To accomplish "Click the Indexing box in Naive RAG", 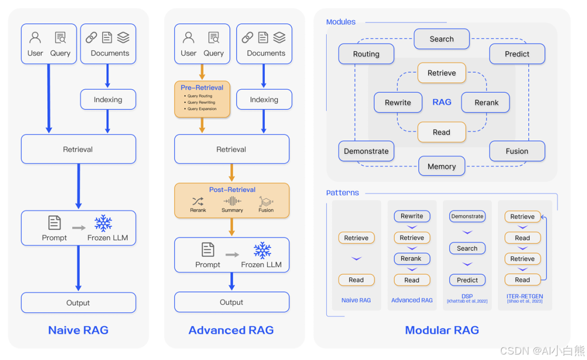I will click(x=108, y=100).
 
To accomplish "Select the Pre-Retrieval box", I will click(x=202, y=99).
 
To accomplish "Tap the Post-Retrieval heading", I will click(x=232, y=190).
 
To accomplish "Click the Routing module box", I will click(x=366, y=54).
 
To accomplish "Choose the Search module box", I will click(x=441, y=39).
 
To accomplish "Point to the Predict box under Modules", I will click(x=517, y=54).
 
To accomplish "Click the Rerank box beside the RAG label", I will click(x=486, y=102).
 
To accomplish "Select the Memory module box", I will click(x=441, y=166).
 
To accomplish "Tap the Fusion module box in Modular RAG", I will click(x=517, y=151).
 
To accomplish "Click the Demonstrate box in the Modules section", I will click(x=366, y=151).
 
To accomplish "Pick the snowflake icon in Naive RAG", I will click(x=103, y=223).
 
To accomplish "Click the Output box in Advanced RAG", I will click(x=232, y=302).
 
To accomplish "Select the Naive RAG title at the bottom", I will click(x=78, y=330).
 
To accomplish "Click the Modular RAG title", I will click(x=442, y=330).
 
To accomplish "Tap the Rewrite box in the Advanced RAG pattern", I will click(x=411, y=216).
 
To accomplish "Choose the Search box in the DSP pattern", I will click(x=467, y=249).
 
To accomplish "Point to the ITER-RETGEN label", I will click(x=524, y=297).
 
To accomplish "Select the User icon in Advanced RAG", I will click(x=189, y=38).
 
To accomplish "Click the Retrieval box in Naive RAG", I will click(x=78, y=149).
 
